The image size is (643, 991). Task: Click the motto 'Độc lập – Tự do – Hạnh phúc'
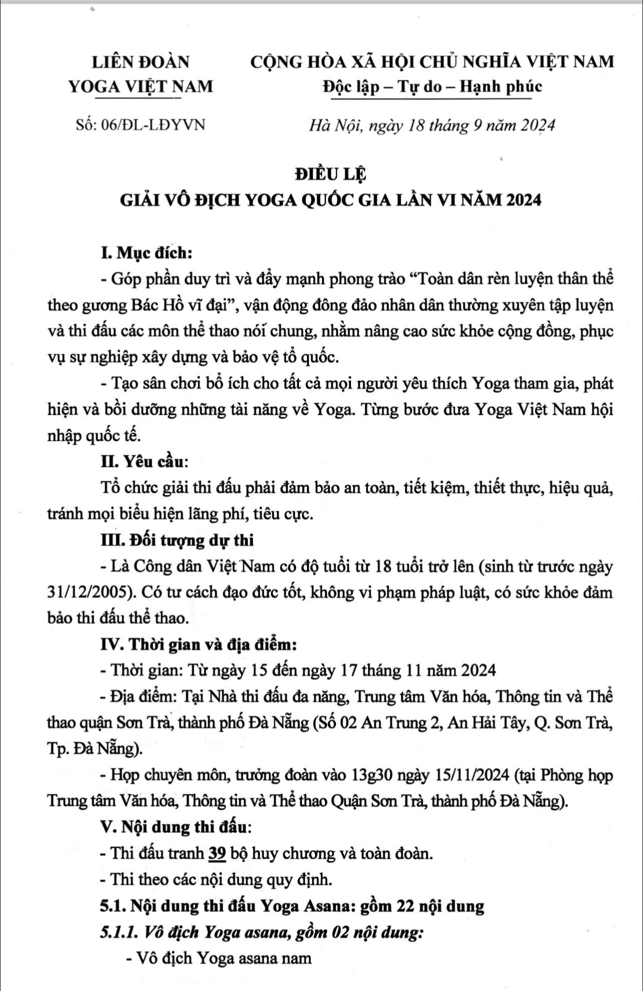(432, 87)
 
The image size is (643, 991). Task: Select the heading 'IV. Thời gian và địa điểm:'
(199, 645)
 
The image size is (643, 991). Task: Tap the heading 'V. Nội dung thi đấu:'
(176, 827)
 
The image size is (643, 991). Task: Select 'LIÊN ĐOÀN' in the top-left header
(141, 62)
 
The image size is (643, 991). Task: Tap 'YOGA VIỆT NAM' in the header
(141, 87)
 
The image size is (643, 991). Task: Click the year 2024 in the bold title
(524, 200)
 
